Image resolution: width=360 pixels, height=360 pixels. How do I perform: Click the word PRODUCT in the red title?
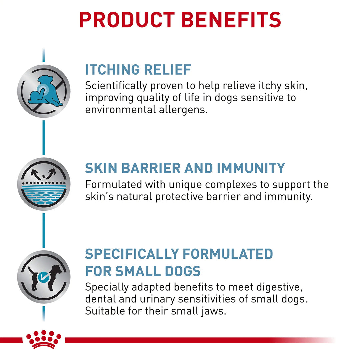[127, 20]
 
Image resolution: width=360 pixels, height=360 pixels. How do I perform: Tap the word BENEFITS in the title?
[231, 20]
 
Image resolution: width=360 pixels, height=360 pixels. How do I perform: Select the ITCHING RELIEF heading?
[138, 70]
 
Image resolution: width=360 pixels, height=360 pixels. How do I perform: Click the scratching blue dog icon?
[44, 91]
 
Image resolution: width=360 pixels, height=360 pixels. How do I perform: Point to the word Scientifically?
[116, 86]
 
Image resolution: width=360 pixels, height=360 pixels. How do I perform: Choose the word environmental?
[121, 110]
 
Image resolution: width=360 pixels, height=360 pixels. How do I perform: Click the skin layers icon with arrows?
[44, 184]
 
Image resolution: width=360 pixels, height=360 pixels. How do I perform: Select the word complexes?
[231, 185]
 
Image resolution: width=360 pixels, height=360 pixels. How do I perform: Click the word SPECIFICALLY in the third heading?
[132, 254]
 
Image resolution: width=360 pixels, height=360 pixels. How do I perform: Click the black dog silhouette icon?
[45, 277]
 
